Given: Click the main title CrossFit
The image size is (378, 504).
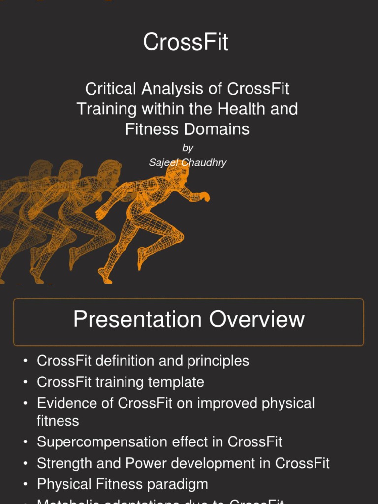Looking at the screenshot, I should coord(186,42).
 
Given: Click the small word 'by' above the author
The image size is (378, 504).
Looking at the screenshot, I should coord(188,148).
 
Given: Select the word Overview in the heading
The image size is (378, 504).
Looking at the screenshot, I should coord(256,319).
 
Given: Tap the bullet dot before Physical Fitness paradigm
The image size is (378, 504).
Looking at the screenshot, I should coord(25,484).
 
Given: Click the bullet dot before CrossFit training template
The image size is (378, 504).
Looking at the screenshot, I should coord(25,382).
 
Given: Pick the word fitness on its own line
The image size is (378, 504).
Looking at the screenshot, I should coord(58,421).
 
